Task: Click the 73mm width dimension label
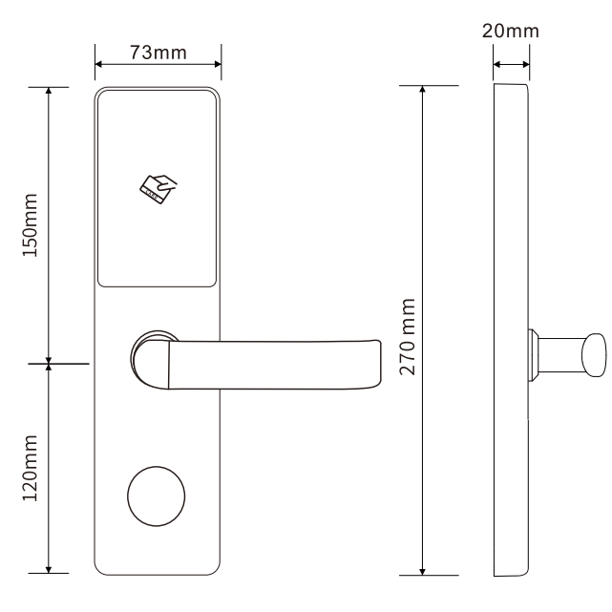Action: [x=158, y=53]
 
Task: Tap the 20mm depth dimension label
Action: [x=511, y=31]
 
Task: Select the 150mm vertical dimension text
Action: [x=30, y=224]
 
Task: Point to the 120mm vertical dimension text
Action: [x=30, y=468]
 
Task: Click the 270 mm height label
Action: [x=408, y=337]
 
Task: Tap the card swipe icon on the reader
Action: [x=158, y=189]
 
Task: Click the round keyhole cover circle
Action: [x=157, y=496]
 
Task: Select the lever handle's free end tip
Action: [x=380, y=364]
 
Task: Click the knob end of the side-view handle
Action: [x=594, y=355]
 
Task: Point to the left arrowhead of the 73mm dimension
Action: [x=98, y=64]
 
